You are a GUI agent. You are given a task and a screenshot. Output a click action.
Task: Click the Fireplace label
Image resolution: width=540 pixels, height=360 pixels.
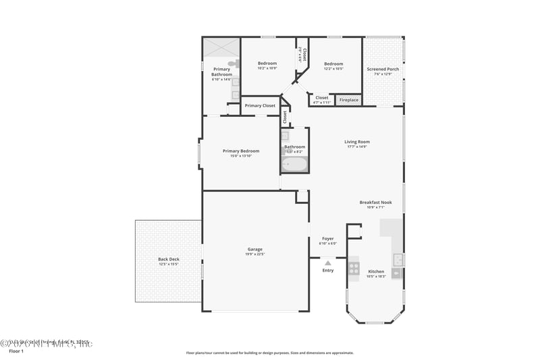[348, 100]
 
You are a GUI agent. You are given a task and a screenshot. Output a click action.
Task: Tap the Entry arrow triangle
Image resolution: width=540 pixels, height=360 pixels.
[328, 263]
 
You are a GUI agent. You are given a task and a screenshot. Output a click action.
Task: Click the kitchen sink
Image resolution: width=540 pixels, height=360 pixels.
[399, 260]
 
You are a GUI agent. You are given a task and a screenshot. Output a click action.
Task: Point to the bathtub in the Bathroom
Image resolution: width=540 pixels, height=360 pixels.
[294, 164]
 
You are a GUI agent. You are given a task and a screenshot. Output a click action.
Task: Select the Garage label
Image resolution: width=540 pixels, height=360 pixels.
[254, 249]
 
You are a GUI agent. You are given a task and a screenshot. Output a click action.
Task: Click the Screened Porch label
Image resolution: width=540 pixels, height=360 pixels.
[383, 69]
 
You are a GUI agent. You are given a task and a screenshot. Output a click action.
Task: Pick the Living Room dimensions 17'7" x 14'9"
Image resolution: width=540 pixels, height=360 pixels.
[357, 147]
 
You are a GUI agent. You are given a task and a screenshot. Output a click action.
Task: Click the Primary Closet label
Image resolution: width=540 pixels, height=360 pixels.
[260, 105]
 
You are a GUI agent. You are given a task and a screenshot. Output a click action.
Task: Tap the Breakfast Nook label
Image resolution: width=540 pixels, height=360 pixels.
[375, 203]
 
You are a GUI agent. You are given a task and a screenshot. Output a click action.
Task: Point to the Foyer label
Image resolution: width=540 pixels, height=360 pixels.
[327, 238]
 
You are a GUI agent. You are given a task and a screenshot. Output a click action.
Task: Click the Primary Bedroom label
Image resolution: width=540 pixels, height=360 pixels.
[241, 151]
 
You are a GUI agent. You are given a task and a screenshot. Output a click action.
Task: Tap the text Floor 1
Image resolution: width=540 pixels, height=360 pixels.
[16, 351]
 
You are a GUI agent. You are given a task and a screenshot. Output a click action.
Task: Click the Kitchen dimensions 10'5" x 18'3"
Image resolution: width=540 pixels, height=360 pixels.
[375, 276]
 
